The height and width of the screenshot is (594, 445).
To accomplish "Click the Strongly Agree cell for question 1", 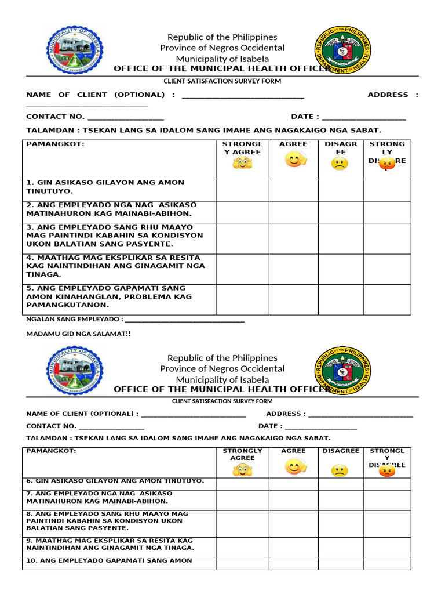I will [x=242, y=190].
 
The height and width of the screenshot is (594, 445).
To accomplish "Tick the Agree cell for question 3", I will [x=293, y=238].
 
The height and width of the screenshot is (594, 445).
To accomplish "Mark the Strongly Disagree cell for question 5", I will [x=387, y=299].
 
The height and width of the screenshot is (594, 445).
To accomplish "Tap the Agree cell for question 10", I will [x=293, y=563].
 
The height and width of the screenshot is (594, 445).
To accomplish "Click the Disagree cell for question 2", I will [x=341, y=212].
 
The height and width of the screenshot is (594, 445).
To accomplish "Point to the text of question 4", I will [x=115, y=266].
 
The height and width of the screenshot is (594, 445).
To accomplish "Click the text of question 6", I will [x=115, y=481].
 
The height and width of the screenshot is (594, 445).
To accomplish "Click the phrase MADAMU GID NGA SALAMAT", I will [x=79, y=334].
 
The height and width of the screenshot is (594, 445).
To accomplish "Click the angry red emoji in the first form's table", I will [x=386, y=164].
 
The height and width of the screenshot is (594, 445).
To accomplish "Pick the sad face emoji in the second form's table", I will [x=340, y=470].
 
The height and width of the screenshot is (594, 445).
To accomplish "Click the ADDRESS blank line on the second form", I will [x=360, y=415].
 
